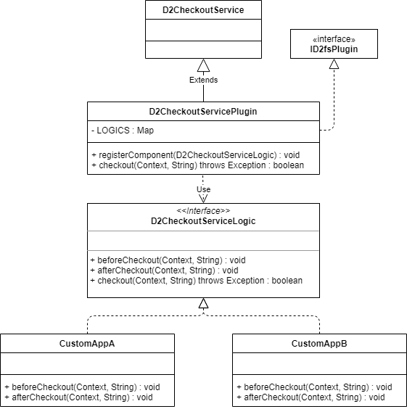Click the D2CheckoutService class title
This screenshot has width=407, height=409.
pos(203,10)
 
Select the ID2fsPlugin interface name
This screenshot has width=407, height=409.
pos(334,49)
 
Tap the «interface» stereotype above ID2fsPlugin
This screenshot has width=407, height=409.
pos(334,39)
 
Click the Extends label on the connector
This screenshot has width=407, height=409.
pos(203,80)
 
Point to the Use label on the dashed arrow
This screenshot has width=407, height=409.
pos(203,189)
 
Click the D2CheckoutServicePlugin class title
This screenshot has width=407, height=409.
pos(203,112)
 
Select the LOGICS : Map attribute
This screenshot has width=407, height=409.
pos(123,130)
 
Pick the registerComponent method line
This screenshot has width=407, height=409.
pos(196,155)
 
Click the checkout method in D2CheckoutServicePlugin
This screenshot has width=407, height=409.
pos(198,165)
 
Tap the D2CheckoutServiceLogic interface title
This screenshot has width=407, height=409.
pos(203,221)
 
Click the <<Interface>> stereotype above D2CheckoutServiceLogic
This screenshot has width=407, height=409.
pos(203,210)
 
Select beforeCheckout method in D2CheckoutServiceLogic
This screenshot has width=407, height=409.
pos(168,260)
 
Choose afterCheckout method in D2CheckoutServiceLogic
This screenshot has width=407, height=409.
pos(164,270)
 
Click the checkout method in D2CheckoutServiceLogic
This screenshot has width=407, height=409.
pos(196,281)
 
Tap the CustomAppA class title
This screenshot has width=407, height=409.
pos(87,344)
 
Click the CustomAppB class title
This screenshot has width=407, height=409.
pos(319,344)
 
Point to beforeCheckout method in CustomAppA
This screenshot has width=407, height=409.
pos(82,387)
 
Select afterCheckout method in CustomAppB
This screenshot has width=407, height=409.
pos(311,397)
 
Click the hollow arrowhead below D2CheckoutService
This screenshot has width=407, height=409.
pos(203,65)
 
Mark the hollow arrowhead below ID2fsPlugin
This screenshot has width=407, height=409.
pos(334,64)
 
